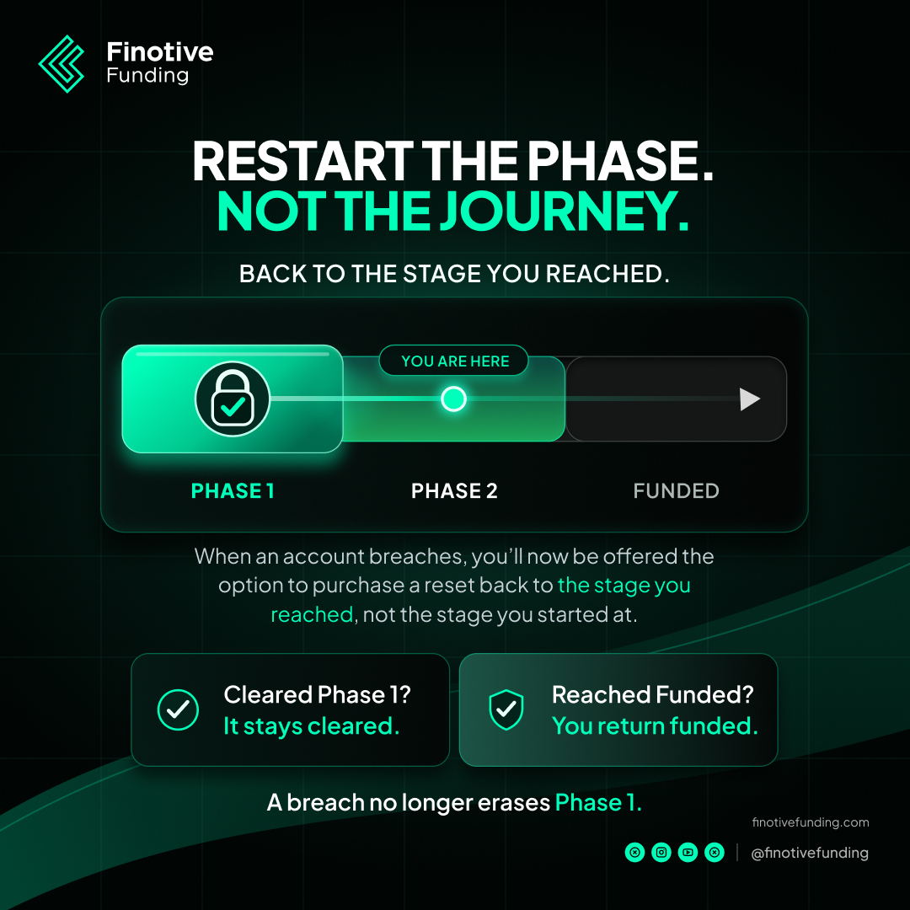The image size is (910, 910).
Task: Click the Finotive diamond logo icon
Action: (x=62, y=64)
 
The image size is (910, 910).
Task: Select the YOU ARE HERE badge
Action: (x=454, y=361)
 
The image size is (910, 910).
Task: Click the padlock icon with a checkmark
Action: (x=233, y=399)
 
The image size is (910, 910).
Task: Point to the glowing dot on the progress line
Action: (x=453, y=399)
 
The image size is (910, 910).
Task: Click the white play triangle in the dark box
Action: (x=750, y=399)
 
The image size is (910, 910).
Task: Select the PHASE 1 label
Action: (x=233, y=491)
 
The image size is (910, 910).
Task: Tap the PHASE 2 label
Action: (x=454, y=491)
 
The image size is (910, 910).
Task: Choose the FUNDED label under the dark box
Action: (x=676, y=491)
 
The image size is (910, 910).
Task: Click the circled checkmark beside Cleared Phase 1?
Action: (x=178, y=709)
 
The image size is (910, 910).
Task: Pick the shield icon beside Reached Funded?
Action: (x=506, y=709)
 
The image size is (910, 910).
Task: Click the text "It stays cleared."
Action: (x=312, y=726)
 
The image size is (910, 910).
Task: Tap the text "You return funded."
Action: (x=655, y=726)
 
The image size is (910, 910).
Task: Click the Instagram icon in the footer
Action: (x=661, y=852)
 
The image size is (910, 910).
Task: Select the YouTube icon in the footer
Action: (x=688, y=852)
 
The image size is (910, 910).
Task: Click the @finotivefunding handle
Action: (x=810, y=853)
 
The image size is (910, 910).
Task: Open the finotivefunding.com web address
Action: (x=811, y=822)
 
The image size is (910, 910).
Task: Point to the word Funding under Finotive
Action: (x=148, y=76)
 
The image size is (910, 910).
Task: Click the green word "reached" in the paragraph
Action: (x=312, y=614)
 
